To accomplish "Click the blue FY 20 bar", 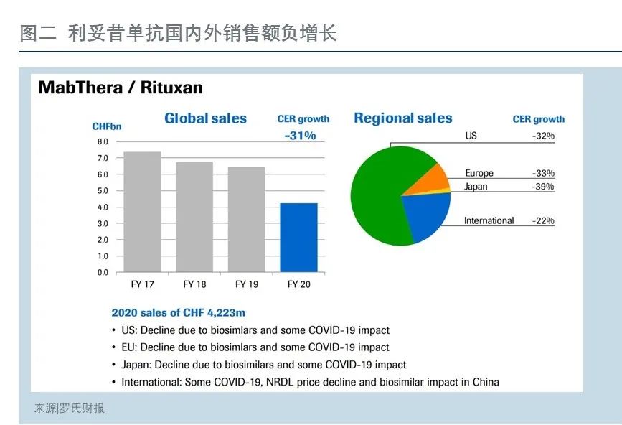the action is pos(298,238).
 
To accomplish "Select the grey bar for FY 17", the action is pos(143,212).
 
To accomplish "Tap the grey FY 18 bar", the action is pos(194,217).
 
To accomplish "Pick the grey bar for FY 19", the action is pos(246,220).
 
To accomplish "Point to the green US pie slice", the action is pos(381,195).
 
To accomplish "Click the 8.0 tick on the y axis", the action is pos(103,141).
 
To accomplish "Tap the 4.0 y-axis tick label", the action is pos(103,207).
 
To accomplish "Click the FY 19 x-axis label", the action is pos(247,284).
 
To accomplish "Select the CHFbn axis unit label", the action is pos(107,126).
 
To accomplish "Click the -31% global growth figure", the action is pos(301,136).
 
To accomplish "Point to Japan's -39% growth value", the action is pos(543,187).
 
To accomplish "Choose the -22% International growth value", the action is pos(543,220).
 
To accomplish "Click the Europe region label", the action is pos(479,173).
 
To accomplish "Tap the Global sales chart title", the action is pos(205,118).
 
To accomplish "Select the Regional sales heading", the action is pos(403,118).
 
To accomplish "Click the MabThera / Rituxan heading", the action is pos(121,88).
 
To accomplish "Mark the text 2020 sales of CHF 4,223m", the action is pos(179,313).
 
